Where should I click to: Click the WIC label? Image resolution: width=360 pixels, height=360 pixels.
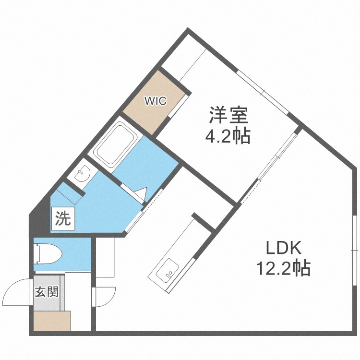[156, 101]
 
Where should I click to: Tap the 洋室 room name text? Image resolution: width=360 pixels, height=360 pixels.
[228, 115]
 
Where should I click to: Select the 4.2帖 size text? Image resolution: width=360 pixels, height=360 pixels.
[228, 137]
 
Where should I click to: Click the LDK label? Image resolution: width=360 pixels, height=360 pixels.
[283, 248]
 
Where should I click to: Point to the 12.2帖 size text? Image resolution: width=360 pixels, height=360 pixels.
[283, 268]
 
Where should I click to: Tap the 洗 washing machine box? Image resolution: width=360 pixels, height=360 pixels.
[63, 219]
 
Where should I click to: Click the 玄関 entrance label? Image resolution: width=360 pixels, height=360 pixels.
[46, 292]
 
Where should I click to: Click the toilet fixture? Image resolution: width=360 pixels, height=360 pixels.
[47, 252]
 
